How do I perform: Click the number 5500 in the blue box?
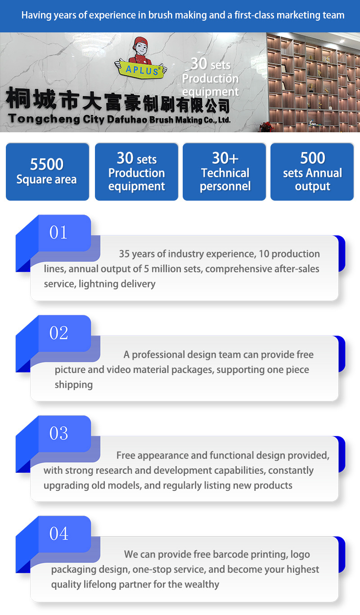[x=47, y=164]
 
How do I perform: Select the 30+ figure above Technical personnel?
[x=225, y=158]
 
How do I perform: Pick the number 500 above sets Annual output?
[x=312, y=158]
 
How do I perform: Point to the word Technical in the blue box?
[x=225, y=173]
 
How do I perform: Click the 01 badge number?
[x=58, y=233]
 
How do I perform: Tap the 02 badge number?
[x=58, y=333]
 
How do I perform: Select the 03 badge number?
[x=58, y=433]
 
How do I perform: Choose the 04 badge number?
[x=58, y=534]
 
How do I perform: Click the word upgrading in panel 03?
[x=66, y=486]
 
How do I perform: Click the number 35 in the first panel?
[x=125, y=254]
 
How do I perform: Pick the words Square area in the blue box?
[x=47, y=180]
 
